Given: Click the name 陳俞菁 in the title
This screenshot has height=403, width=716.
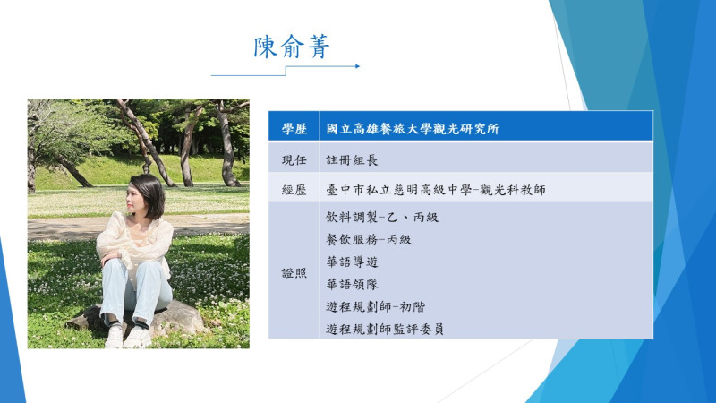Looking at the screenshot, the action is (x=292, y=47).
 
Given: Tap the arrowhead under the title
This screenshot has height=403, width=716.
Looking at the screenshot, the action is (x=357, y=66).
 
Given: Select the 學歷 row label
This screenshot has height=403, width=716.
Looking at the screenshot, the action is (x=294, y=129).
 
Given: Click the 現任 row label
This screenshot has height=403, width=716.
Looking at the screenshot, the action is (x=294, y=160).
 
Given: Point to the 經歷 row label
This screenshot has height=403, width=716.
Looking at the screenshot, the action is (x=294, y=190).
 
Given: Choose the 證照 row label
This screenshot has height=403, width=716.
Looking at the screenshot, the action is (x=294, y=273).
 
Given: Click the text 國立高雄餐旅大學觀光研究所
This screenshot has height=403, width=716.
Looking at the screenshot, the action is (x=413, y=129).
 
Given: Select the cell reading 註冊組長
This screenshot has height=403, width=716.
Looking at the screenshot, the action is (x=352, y=160).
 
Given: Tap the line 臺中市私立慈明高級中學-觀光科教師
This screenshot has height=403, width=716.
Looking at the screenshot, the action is (x=436, y=190).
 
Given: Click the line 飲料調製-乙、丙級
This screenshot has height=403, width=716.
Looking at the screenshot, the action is (x=382, y=217).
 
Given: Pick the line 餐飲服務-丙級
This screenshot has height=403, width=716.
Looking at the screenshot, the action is (x=369, y=239).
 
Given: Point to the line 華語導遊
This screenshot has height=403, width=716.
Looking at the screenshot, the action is (x=352, y=262).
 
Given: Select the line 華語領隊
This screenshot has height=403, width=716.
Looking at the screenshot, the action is (x=352, y=284).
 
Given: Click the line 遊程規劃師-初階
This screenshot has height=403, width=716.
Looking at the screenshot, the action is (x=375, y=306).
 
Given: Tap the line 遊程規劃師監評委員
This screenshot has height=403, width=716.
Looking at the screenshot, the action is (x=385, y=329).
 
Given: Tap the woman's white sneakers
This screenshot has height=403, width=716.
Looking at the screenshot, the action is (x=128, y=337).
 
